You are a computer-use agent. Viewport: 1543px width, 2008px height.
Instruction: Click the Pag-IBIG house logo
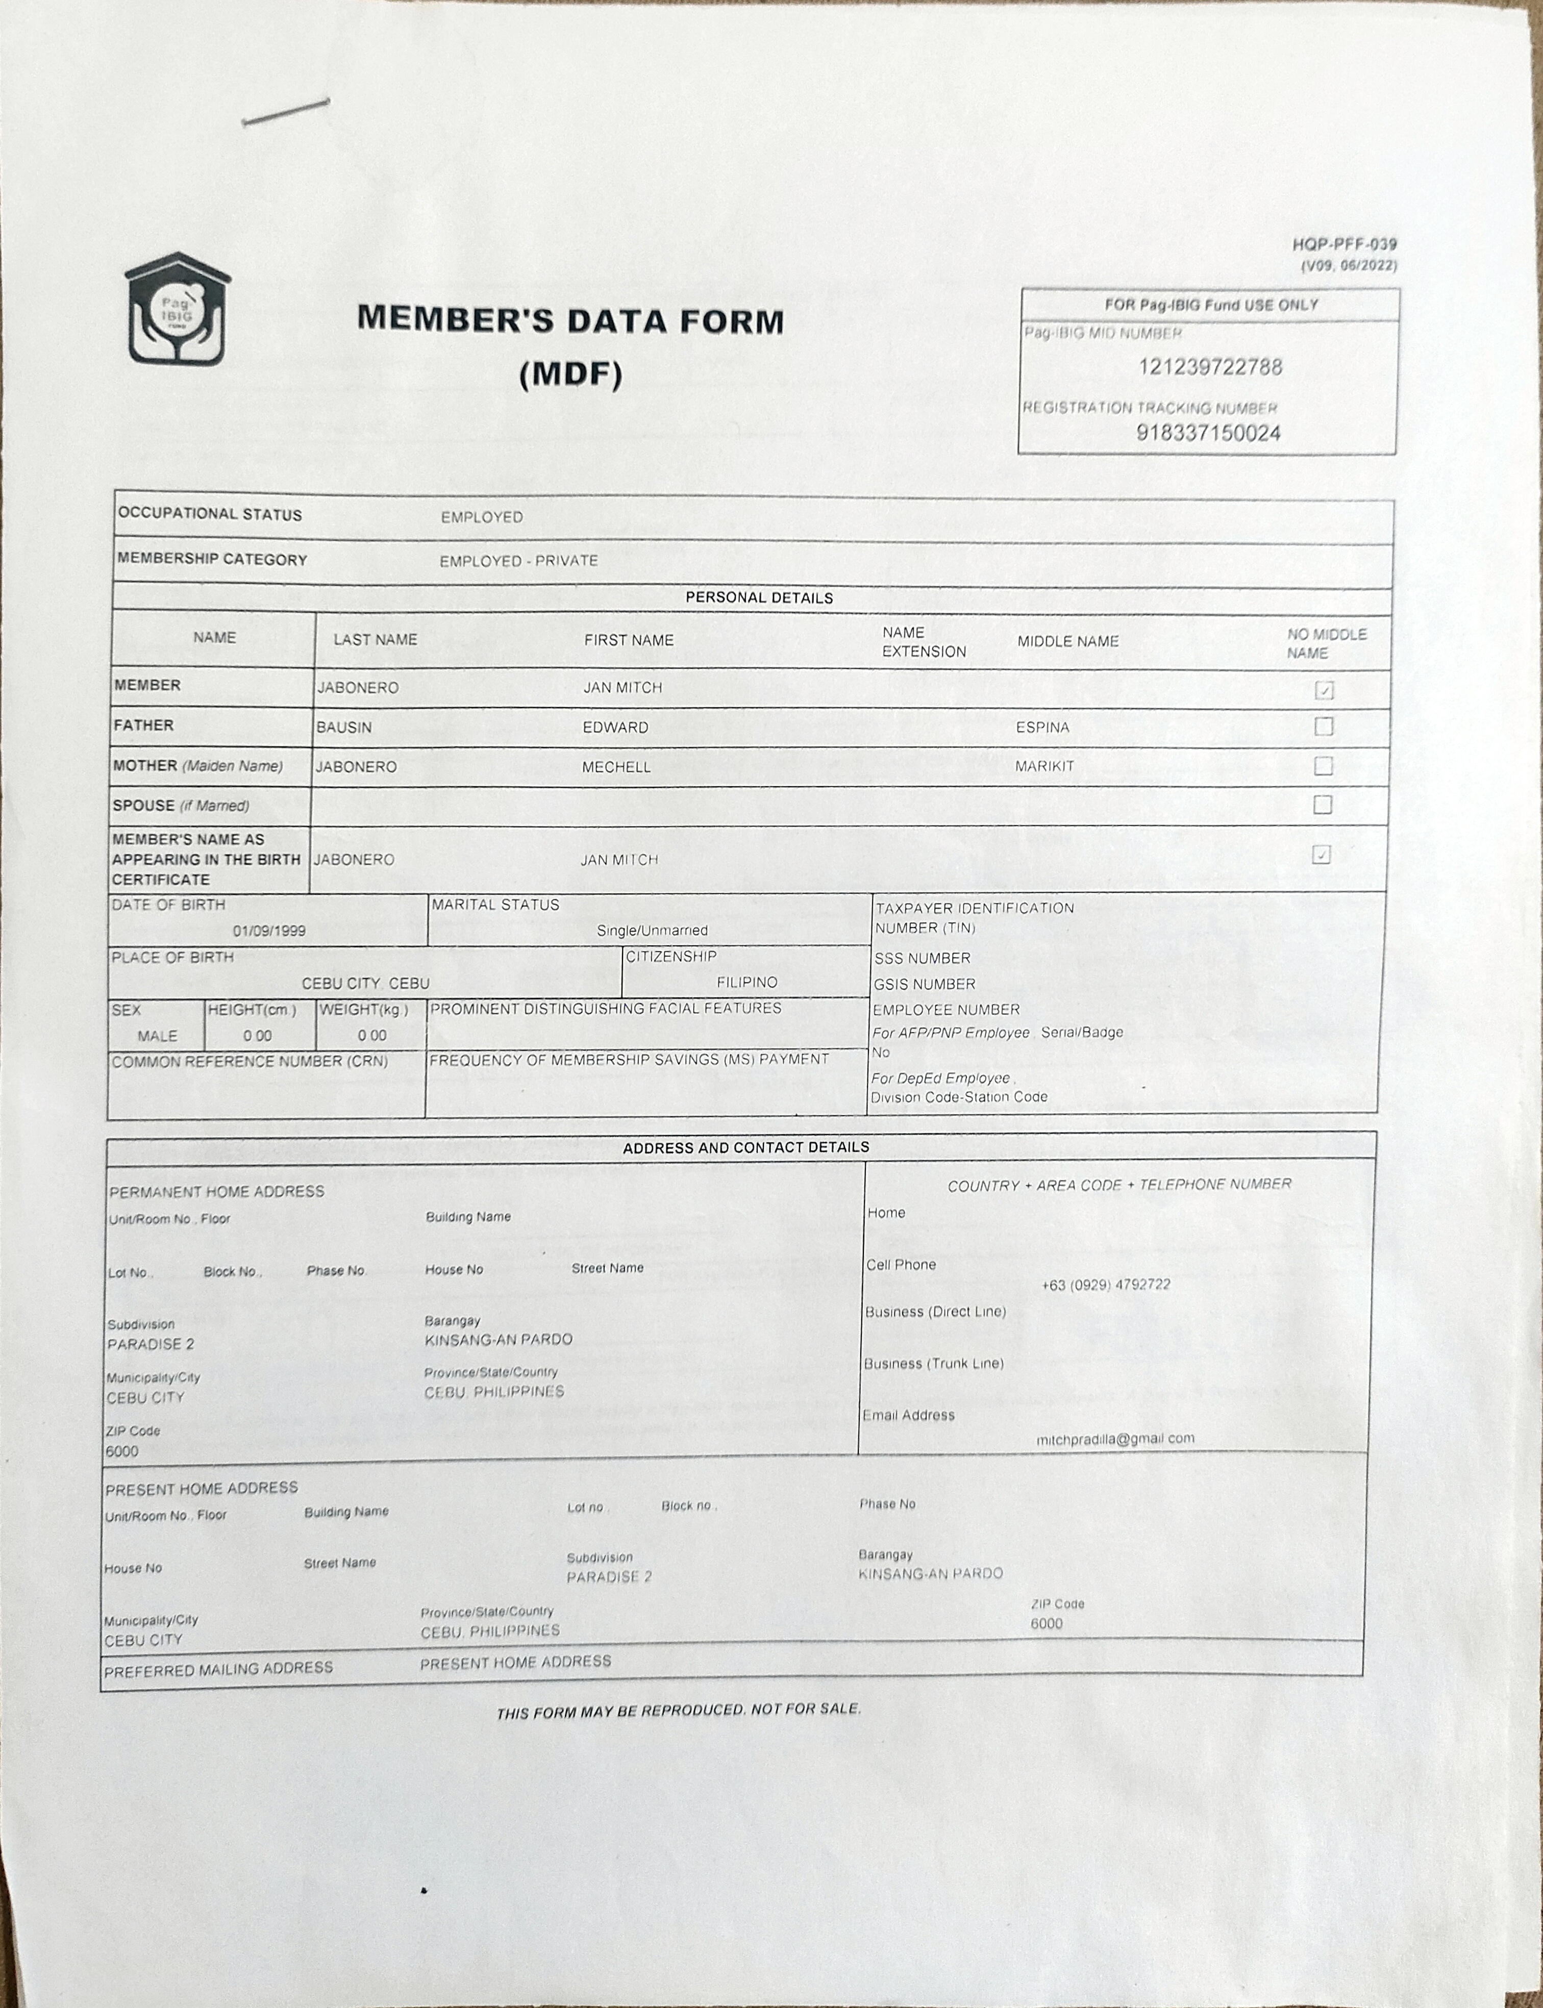pyautogui.click(x=177, y=310)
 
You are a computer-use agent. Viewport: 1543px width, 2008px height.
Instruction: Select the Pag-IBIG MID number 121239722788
pyautogui.click(x=1210, y=367)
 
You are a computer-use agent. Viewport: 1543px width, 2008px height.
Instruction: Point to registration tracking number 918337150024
pyautogui.click(x=1208, y=433)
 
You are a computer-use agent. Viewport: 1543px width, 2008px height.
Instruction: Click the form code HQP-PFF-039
pyautogui.click(x=1343, y=244)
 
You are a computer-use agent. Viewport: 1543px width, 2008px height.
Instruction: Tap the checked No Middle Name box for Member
pyautogui.click(x=1324, y=690)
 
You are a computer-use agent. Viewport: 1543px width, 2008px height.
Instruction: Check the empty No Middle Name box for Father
pyautogui.click(x=1324, y=726)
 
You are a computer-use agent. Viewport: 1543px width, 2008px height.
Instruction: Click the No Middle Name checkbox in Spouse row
pyautogui.click(x=1323, y=805)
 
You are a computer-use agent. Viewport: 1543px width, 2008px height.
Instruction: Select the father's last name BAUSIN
pyautogui.click(x=344, y=727)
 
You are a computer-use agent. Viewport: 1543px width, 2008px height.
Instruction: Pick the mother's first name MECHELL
pyautogui.click(x=616, y=767)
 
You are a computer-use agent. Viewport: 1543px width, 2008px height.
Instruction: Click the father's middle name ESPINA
pyautogui.click(x=1042, y=727)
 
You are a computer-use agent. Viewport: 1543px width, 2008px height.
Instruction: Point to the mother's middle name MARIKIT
pyautogui.click(x=1044, y=766)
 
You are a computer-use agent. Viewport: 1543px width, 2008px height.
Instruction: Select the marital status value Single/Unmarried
pyautogui.click(x=652, y=930)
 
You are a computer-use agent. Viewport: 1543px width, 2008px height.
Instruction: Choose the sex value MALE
pyautogui.click(x=157, y=1036)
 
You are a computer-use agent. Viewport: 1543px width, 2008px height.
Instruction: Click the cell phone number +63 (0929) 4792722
pyautogui.click(x=1106, y=1285)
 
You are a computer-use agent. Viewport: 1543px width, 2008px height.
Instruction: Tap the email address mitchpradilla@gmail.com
pyautogui.click(x=1115, y=1439)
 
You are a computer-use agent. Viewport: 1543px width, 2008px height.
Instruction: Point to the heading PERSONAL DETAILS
pyautogui.click(x=759, y=598)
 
